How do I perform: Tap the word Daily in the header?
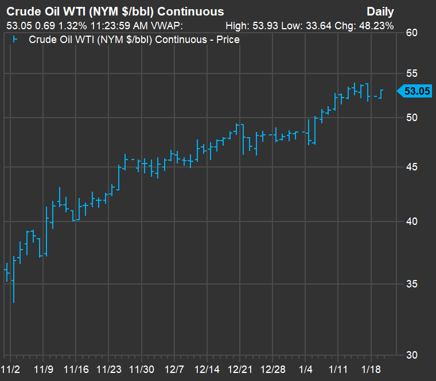tap(380, 11)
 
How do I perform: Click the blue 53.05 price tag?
tap(417, 91)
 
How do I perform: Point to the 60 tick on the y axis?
tap(410, 33)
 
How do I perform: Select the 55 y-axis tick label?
tap(410, 74)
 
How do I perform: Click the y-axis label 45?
tap(410, 168)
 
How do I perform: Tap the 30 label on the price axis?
tap(410, 355)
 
